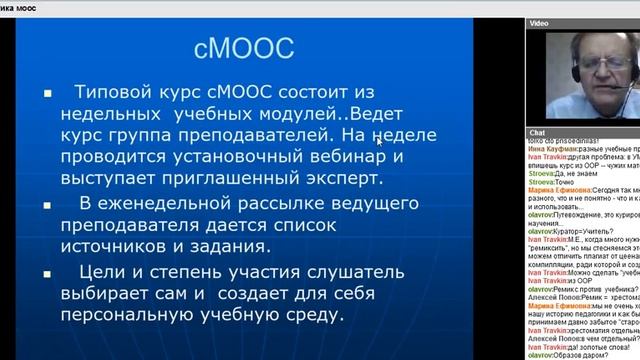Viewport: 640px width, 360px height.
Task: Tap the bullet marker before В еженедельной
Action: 46,206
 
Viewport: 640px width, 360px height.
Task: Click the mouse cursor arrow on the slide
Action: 378,141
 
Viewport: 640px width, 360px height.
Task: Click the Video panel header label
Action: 539,21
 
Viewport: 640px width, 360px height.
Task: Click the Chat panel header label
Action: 537,132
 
